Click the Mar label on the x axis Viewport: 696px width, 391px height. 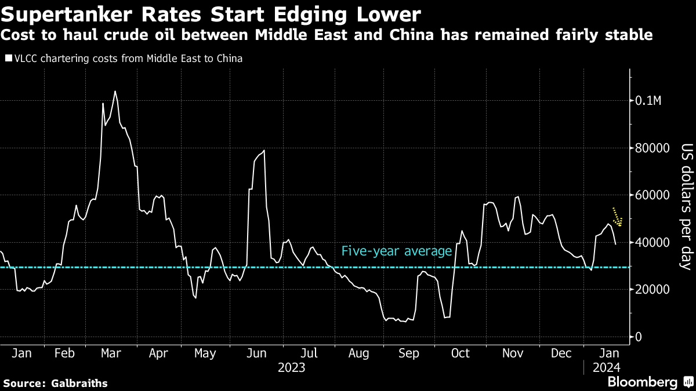pos(111,353)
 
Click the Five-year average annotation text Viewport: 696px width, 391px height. pos(397,251)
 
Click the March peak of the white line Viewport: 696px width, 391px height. pos(115,92)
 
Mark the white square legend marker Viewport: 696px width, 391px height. pos(8,59)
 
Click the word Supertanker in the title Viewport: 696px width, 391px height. pos(57,13)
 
